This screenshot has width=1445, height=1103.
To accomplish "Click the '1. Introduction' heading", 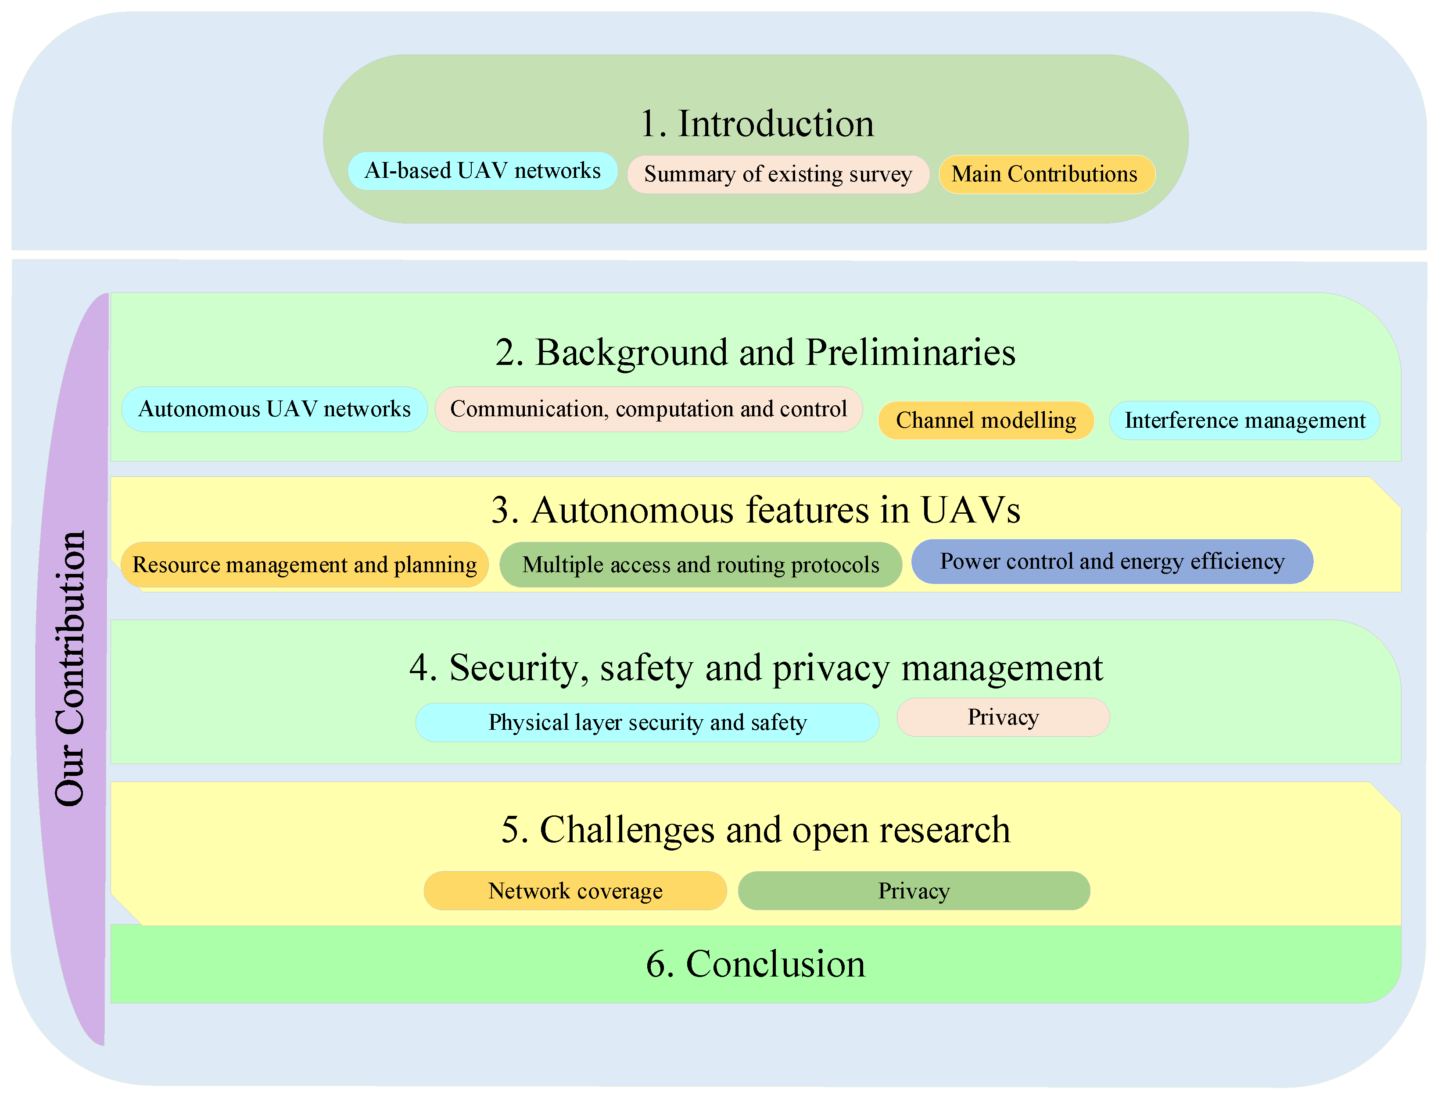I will pos(756,124).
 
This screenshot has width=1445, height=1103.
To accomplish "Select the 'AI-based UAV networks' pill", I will pos(482,171).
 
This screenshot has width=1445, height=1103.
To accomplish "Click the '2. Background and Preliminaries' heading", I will pos(755,353).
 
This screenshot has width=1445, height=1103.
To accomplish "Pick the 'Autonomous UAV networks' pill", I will pos(274,409).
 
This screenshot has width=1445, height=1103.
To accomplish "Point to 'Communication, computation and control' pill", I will pos(649,409).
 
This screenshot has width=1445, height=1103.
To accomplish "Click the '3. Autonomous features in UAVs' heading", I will pos(755,510).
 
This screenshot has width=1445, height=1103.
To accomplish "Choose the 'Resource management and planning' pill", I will pos(305,565).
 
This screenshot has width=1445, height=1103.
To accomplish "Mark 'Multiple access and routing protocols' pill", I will pos(700,565).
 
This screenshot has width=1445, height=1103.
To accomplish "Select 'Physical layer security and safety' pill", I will pos(647,723).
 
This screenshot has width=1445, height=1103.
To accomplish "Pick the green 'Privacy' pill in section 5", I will pos(914,891).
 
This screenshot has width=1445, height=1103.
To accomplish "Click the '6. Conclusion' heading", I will pos(755,964).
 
